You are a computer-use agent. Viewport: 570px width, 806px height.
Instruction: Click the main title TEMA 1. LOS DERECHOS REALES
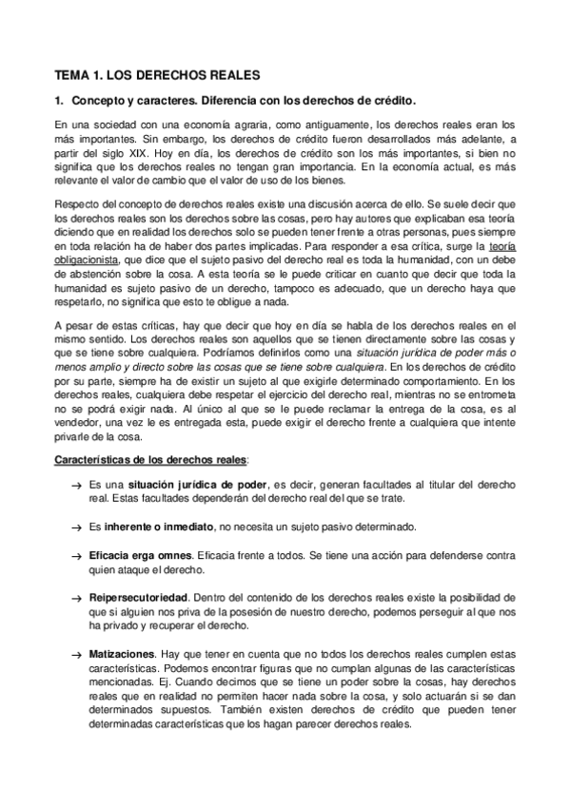pos(156,73)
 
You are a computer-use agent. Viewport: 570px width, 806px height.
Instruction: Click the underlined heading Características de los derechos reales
pos(149,459)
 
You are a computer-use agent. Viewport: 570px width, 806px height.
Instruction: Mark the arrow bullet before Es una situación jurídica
pos(77,486)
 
